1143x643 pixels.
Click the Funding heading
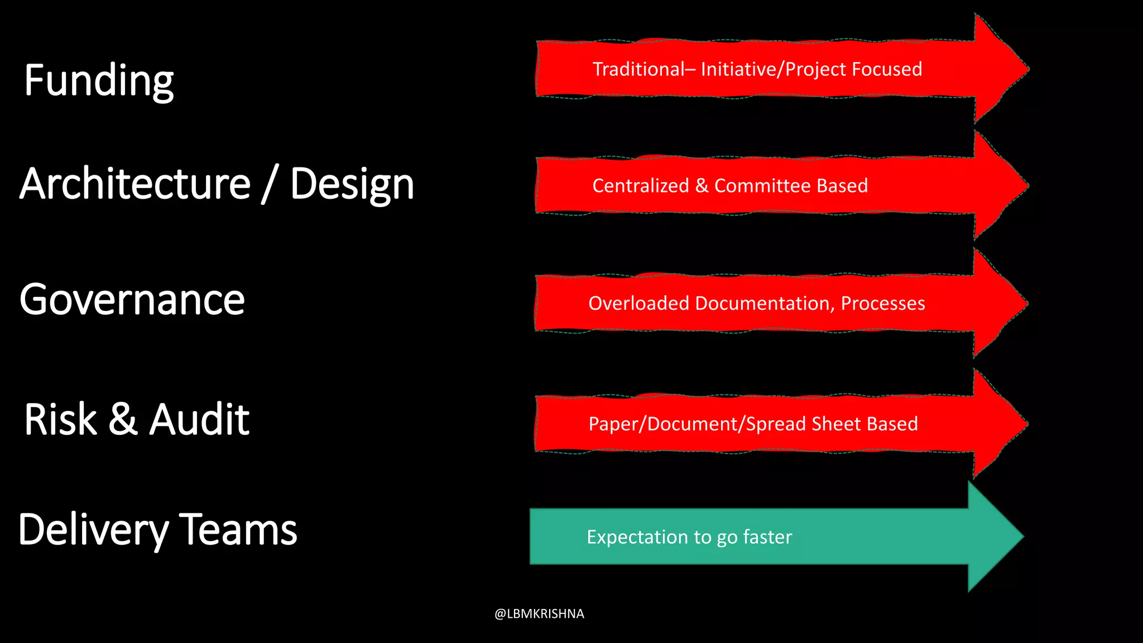click(99, 81)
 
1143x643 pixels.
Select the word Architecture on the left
click(135, 184)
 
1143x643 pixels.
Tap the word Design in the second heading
click(352, 185)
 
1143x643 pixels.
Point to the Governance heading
click(132, 300)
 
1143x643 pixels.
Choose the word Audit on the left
click(199, 420)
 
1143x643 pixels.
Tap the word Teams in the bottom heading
click(238, 530)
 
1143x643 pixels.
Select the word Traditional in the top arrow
click(638, 69)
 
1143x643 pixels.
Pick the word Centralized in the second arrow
click(640, 186)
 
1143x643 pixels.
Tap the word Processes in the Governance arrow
click(882, 303)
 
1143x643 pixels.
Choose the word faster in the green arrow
click(767, 537)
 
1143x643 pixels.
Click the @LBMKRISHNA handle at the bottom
click(539, 614)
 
